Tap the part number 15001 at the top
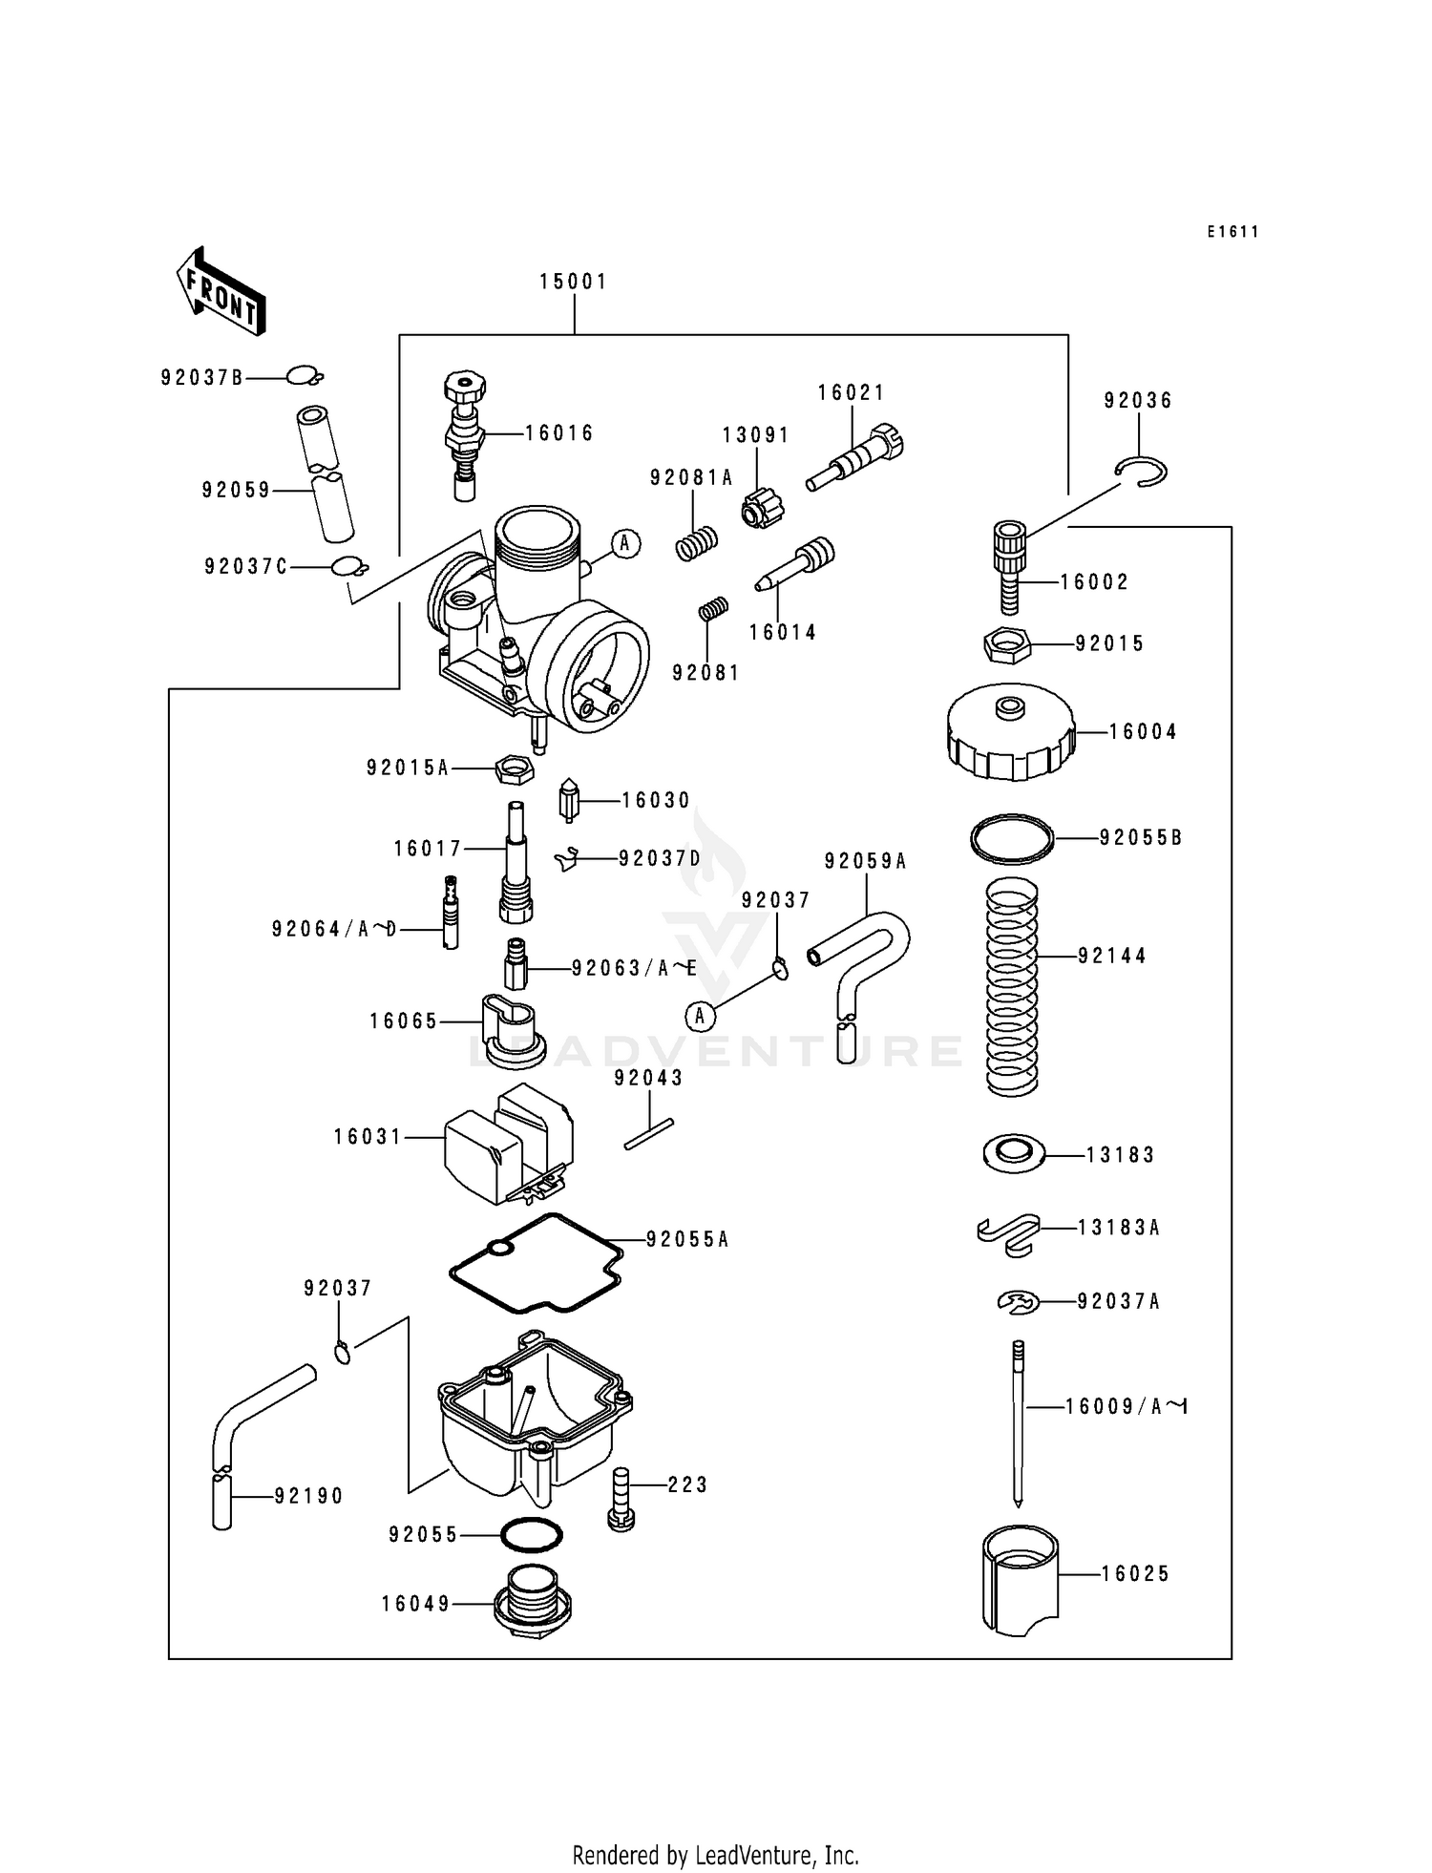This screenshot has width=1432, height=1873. tap(573, 282)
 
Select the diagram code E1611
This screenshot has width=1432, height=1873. tap(1232, 232)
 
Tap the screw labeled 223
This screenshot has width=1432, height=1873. tap(621, 1499)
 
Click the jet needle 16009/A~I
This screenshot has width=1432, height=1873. tap(1019, 1422)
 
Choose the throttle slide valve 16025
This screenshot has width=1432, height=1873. tap(1020, 1581)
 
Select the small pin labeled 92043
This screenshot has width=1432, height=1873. tap(649, 1134)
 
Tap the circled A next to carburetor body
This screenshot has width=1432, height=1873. tap(625, 543)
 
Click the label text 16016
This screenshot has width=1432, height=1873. tap(559, 433)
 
